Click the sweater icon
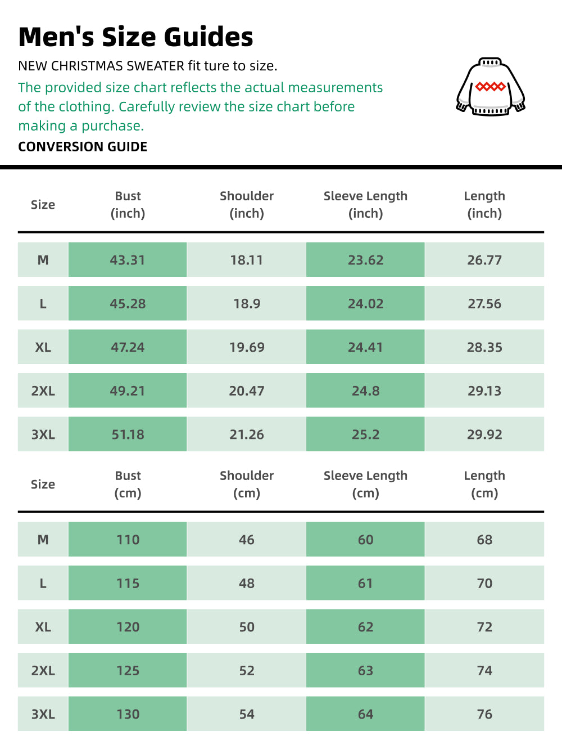coord(491,87)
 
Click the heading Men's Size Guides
coord(135,37)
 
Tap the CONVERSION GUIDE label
coord(83,147)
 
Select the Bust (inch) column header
coord(128,204)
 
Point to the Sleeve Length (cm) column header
coord(365,484)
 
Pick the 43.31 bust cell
coord(128,260)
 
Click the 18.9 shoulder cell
coord(247,304)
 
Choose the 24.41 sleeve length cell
coord(365,347)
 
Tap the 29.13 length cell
coord(484,391)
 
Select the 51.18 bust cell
coord(128,434)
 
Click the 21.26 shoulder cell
coord(247,434)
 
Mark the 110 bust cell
coord(128,540)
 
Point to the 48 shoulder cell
coord(247,584)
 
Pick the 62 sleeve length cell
coord(365,627)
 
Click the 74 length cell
coord(484,671)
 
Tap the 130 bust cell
coord(128,714)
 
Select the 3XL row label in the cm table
coord(43,714)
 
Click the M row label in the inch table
coord(43,260)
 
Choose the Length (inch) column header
coord(484,204)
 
